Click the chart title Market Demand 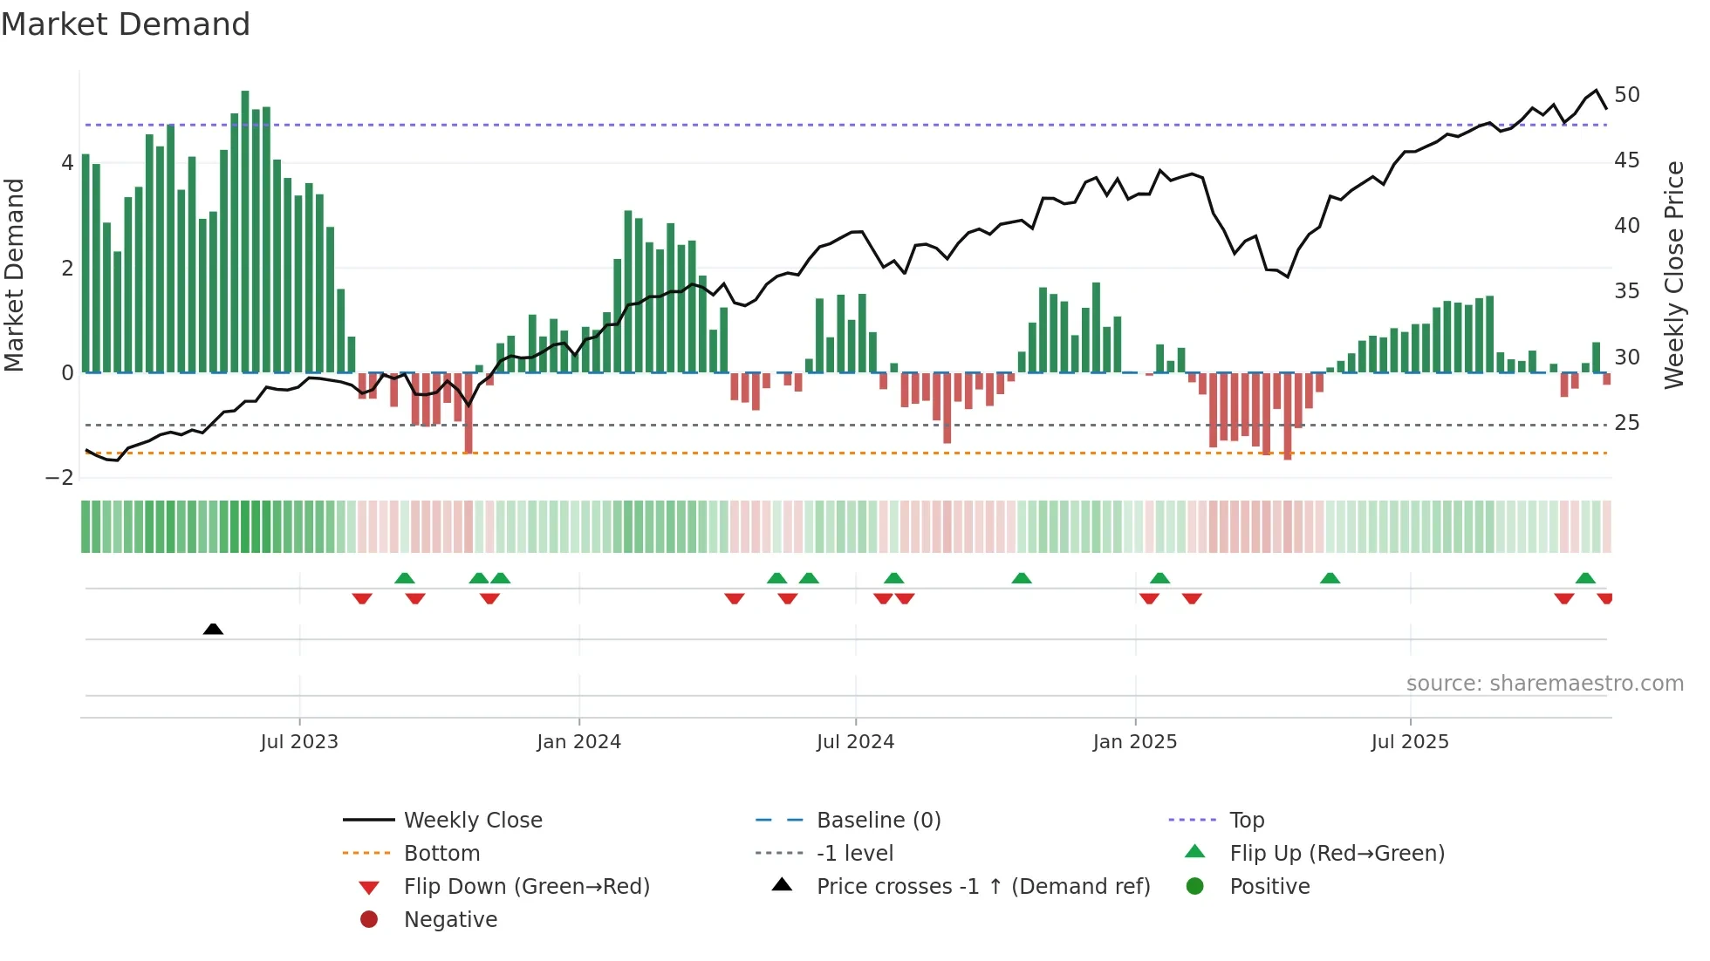point(126,24)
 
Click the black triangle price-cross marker point(213,629)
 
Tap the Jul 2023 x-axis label point(299,742)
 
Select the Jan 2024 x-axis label point(578,742)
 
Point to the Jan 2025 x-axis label point(1134,742)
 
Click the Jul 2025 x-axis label point(1410,742)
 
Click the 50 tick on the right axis point(1627,95)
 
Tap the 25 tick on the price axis point(1627,423)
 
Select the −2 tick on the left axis point(60,478)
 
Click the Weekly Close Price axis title point(1673,275)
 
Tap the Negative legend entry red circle point(369,920)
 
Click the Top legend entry point(1246,821)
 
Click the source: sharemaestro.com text point(1544,684)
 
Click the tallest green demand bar point(245,231)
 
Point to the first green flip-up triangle point(404,578)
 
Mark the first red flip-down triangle point(362,598)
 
